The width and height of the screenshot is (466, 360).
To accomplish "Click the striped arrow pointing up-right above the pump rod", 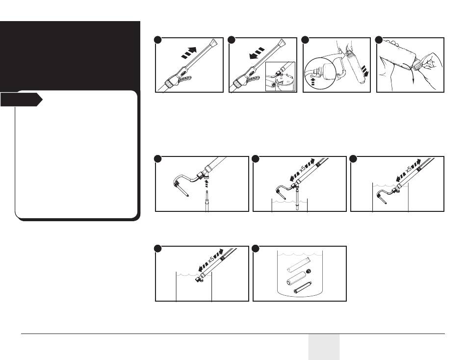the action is pos(189,52).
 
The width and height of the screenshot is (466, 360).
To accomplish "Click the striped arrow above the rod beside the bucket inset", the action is pos(257,53).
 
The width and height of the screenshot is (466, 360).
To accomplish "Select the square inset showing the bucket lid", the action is pos(280,77).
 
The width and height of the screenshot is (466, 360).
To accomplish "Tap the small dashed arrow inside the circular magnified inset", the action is pos(312,81).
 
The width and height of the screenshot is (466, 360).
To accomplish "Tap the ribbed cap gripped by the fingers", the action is pos(417,64).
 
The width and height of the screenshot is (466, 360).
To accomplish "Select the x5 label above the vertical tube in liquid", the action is pos(303,169).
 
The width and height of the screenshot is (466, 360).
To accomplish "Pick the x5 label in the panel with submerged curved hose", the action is pos(409,170).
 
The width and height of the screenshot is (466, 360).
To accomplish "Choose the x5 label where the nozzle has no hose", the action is pos(211,259).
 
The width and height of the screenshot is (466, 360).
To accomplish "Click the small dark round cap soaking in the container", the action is pos(309,271).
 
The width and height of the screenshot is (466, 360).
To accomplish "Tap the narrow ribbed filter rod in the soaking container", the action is pos(302,287).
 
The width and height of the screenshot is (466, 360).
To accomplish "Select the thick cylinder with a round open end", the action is pos(296,278).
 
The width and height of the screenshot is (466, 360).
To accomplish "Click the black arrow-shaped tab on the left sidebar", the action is pos(21,100).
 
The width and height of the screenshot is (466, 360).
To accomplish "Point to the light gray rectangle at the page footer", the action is pos(324,347).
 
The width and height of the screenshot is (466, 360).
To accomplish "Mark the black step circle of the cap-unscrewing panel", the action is pos(379,40).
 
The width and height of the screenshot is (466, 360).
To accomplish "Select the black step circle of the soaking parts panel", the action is pos(255,249).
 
